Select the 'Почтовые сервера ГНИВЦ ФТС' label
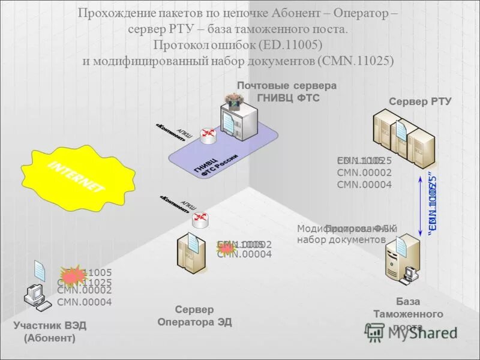click(x=286, y=92)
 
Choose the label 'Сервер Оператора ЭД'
click(x=194, y=316)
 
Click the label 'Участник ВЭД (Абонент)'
click(x=50, y=332)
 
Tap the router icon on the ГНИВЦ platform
click(x=208, y=135)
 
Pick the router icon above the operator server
click(x=199, y=219)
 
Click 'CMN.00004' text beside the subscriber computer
click(x=84, y=302)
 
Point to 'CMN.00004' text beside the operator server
click(x=244, y=254)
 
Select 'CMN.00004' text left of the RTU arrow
click(x=364, y=185)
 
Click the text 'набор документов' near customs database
click(x=341, y=239)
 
